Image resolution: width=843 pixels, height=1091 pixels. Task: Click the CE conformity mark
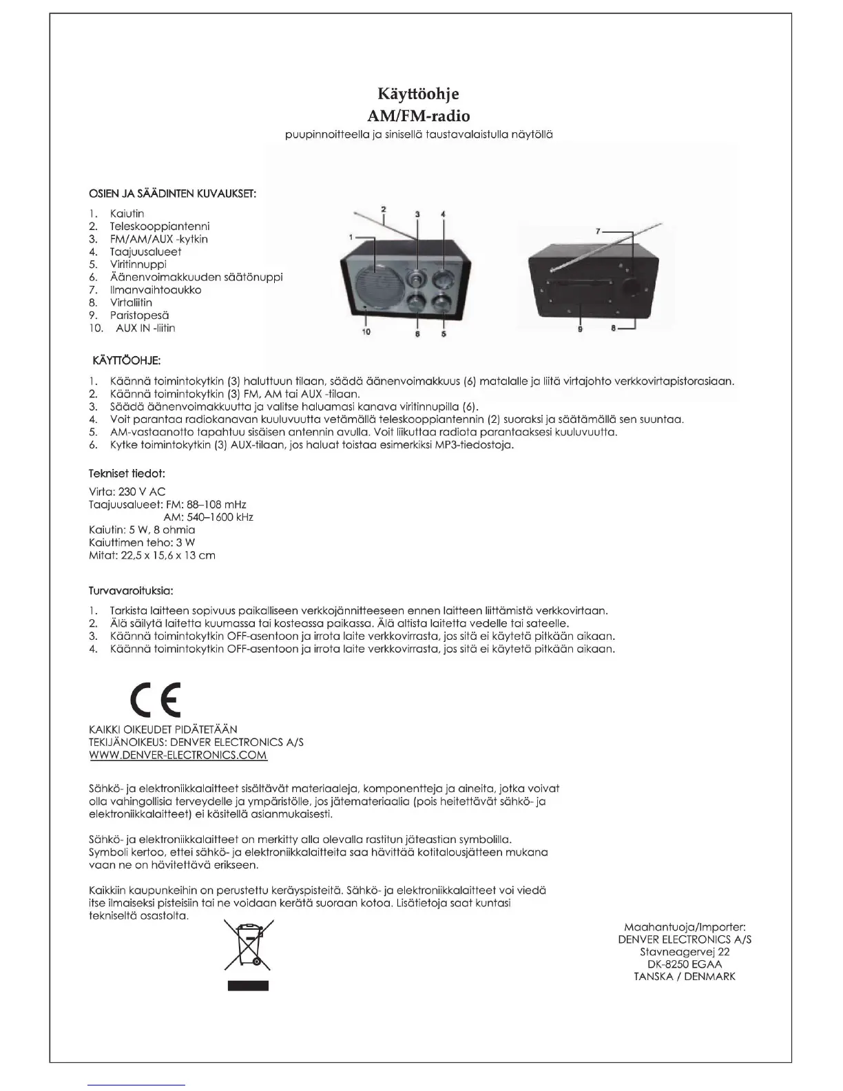click(156, 701)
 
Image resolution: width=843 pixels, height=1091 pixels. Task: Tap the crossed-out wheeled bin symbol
click(248, 949)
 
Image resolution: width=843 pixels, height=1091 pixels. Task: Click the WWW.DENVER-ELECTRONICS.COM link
click(178, 755)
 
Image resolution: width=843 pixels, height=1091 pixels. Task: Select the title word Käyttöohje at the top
click(418, 94)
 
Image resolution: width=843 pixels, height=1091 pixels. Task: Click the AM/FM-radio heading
click(419, 115)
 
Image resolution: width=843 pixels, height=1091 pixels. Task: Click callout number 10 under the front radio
click(366, 332)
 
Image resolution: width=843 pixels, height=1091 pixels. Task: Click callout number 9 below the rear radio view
click(581, 329)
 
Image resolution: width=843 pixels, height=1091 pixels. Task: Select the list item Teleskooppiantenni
click(159, 227)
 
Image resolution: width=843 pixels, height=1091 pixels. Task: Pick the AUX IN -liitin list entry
click(145, 328)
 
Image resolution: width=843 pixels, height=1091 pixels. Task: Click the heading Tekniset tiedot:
click(127, 474)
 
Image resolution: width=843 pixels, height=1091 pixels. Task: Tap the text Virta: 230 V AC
click(127, 492)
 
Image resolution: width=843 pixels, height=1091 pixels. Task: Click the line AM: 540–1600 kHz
click(208, 517)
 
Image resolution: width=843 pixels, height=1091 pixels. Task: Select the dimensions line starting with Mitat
click(152, 555)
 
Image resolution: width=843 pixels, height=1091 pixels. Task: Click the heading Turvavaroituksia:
click(131, 591)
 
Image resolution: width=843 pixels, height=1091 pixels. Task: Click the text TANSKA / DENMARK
click(684, 977)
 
